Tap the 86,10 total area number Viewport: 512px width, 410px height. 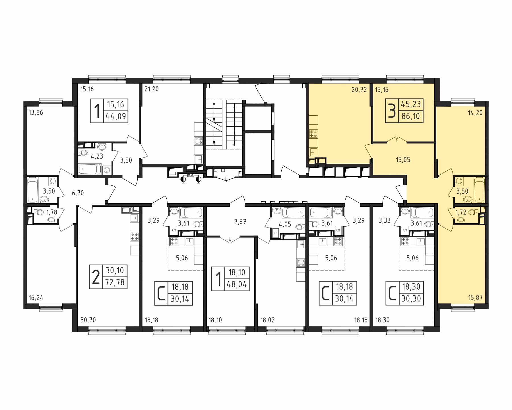click(x=410, y=116)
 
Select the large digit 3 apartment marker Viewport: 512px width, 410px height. click(x=392, y=111)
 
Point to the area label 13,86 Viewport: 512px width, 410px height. click(x=36, y=113)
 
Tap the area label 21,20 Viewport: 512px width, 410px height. click(x=152, y=89)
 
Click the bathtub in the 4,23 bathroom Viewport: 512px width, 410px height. click(x=90, y=169)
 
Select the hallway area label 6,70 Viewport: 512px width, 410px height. click(x=78, y=193)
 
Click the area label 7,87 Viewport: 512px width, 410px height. click(x=240, y=222)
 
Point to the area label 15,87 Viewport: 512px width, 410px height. click(x=475, y=299)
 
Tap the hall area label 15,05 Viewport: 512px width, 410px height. click(x=403, y=160)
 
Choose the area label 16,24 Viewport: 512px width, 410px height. click(x=36, y=298)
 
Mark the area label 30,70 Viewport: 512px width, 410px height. click(x=88, y=320)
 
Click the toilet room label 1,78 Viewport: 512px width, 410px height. click(x=51, y=212)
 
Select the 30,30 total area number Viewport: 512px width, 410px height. click(x=411, y=299)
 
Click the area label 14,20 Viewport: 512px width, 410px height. click(x=475, y=113)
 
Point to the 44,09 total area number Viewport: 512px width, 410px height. click(x=116, y=116)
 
